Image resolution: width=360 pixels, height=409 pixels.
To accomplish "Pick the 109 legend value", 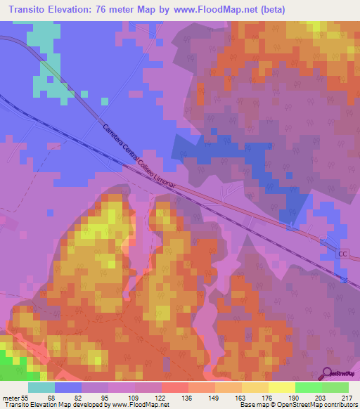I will [134, 397].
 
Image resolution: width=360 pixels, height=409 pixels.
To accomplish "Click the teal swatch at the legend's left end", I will [41, 387].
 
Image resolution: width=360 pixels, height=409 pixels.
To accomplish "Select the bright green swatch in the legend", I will [308, 387].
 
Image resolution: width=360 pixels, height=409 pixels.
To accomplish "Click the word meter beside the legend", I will [11, 397].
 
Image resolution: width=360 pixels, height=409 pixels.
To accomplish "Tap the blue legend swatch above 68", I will [67, 387].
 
